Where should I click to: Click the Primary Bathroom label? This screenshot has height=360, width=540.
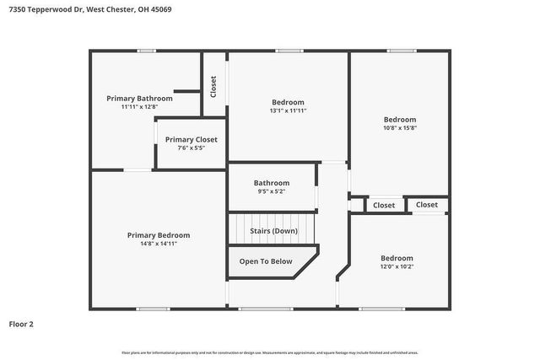tap(139, 98)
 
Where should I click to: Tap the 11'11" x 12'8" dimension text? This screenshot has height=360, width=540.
tap(139, 107)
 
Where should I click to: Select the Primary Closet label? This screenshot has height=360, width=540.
tap(191, 139)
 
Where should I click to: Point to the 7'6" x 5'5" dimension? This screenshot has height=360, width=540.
tap(191, 148)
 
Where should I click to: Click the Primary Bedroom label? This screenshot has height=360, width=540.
tap(159, 235)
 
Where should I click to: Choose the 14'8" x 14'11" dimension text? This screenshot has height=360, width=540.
tap(159, 244)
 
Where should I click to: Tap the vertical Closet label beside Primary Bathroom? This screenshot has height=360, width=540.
tap(213, 86)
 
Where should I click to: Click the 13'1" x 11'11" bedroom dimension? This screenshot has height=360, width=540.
tap(288, 111)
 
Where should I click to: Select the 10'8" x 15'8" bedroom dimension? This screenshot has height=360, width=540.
tap(400, 129)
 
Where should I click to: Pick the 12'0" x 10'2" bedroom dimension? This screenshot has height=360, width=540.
tap(397, 267)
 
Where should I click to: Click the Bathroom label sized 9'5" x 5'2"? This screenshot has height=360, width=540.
tap(272, 183)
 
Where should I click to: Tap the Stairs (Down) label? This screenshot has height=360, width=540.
tap(273, 230)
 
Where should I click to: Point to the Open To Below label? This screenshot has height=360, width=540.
tap(266, 261)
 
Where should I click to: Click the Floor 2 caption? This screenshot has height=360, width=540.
tap(21, 323)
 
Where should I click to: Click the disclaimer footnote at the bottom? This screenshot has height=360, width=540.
tap(269, 352)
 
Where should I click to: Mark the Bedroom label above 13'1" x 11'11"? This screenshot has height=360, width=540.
tap(288, 102)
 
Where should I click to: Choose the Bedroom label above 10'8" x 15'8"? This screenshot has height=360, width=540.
tap(400, 120)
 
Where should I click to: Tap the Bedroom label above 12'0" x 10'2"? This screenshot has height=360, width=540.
tap(397, 258)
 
